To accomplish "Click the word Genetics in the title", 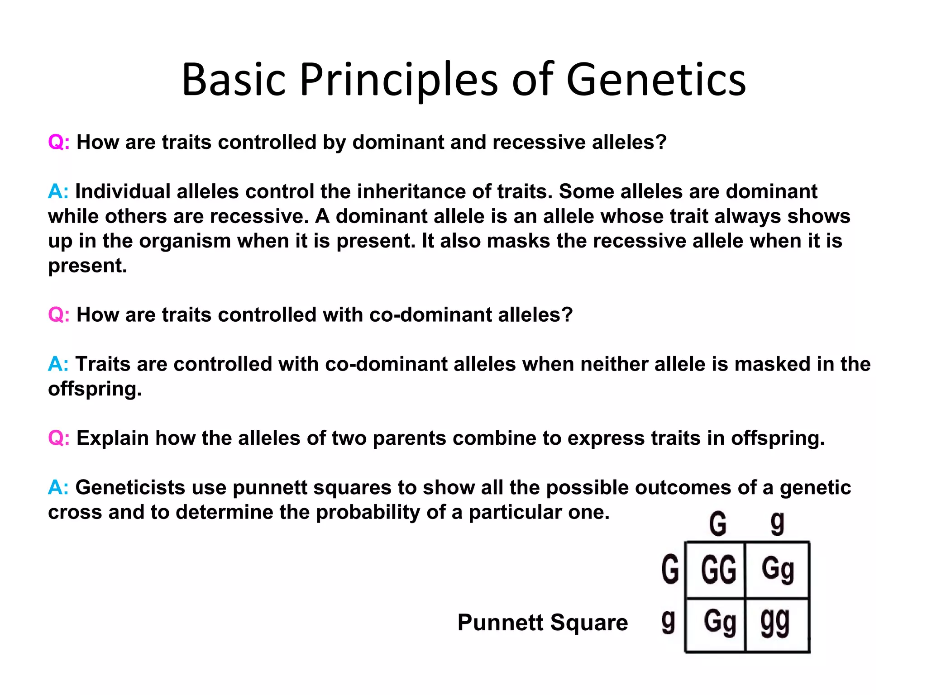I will click(x=656, y=80).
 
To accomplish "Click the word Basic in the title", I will click(x=234, y=80).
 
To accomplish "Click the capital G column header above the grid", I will click(x=718, y=524).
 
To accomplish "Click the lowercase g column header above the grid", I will click(x=777, y=524).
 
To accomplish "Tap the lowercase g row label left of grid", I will click(x=668, y=622).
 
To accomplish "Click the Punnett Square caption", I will click(x=542, y=622).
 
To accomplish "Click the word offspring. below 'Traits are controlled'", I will click(x=95, y=389).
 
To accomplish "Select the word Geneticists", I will click(x=130, y=487).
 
